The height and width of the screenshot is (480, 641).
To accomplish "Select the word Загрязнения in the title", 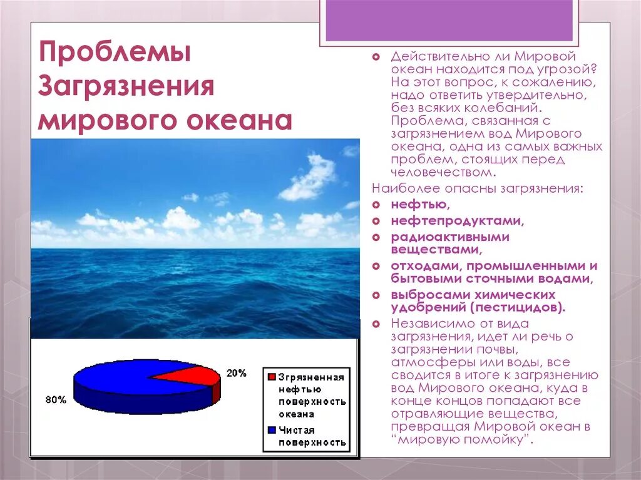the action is (x=126, y=87).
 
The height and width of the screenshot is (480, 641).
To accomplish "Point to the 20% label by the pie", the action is (x=236, y=373).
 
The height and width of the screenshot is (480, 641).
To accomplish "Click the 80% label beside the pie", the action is (x=56, y=399).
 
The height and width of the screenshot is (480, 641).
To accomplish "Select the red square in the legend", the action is (x=272, y=377).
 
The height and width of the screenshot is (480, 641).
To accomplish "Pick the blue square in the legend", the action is (x=272, y=430).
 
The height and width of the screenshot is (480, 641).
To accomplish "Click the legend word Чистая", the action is (x=296, y=430).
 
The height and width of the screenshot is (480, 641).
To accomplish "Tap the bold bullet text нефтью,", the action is (x=420, y=204).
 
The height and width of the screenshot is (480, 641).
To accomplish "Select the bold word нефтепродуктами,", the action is (x=458, y=221).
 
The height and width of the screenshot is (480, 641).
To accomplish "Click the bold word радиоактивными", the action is (x=450, y=237).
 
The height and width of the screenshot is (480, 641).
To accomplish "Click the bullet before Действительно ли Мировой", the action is (x=376, y=56).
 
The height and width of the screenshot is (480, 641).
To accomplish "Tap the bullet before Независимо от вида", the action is (x=376, y=324).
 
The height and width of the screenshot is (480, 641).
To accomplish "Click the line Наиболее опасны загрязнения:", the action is (x=477, y=188).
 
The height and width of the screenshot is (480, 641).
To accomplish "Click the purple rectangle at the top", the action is (x=449, y=21).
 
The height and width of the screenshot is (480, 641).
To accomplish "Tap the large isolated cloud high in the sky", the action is (x=309, y=178).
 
